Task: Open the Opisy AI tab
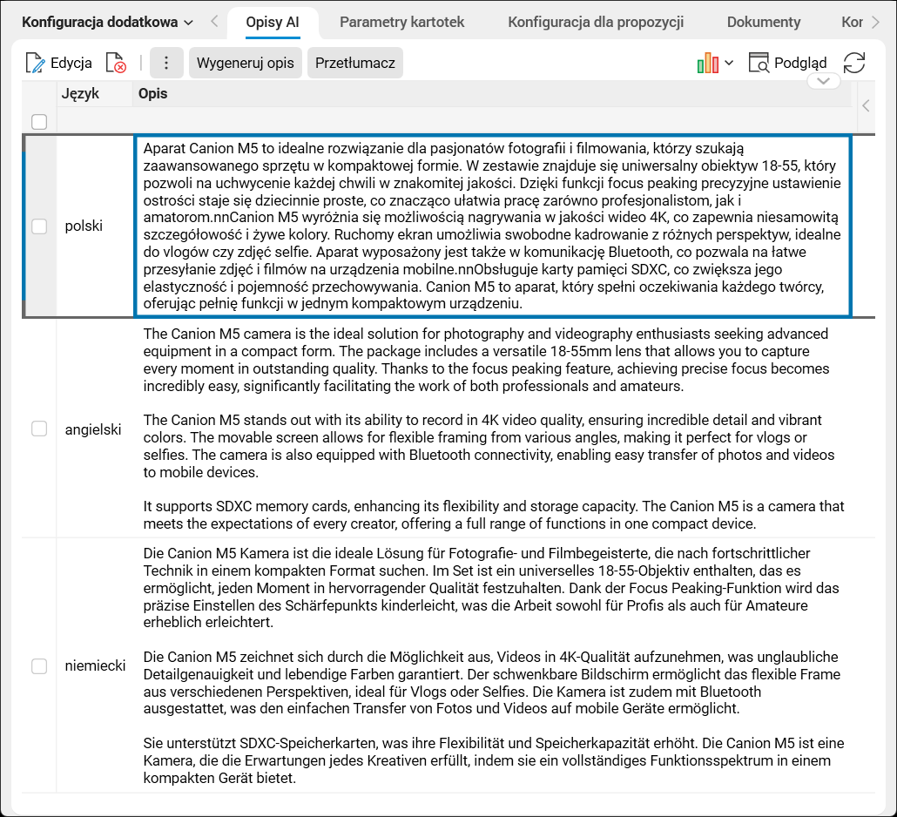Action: pos(273,23)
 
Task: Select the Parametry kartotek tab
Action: pos(401,23)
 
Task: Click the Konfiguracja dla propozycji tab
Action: pos(596,23)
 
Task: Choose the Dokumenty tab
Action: pos(764,23)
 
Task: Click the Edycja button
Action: pos(59,63)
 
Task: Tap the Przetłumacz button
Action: pos(355,63)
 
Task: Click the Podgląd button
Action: pos(788,63)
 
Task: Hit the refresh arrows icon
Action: pos(854,63)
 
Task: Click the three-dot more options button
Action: pos(166,63)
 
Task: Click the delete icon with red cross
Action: pos(116,63)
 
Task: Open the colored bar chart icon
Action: pos(715,63)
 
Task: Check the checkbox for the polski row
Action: pos(39,226)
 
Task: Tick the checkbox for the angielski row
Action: pos(39,429)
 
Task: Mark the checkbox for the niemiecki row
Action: pos(39,666)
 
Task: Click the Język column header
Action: pos(80,93)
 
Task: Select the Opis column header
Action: pos(153,93)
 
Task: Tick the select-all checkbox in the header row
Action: pos(39,121)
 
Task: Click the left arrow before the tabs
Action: pos(214,23)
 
